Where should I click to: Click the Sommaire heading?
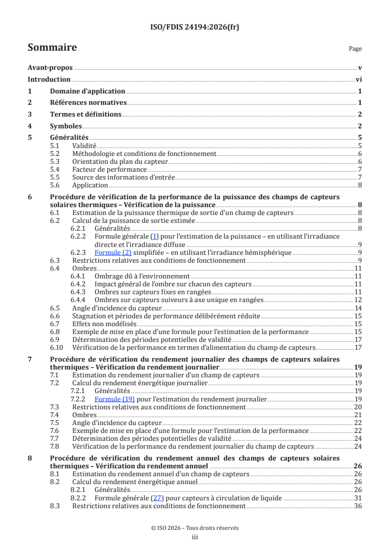coord(52,48)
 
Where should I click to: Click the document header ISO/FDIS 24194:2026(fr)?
coord(195,27)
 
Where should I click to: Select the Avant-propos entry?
coord(50,68)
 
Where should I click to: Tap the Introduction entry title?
coord(49,79)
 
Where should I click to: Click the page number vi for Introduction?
coord(359,79)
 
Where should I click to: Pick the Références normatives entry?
coord(89,103)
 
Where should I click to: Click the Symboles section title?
coord(66,126)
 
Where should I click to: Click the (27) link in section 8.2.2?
coord(157,498)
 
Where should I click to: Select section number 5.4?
coord(56,169)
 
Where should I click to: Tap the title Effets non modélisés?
coord(104,324)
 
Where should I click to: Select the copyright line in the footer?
coord(195,528)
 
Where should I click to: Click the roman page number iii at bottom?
coord(195,537)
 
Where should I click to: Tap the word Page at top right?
coord(355,49)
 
